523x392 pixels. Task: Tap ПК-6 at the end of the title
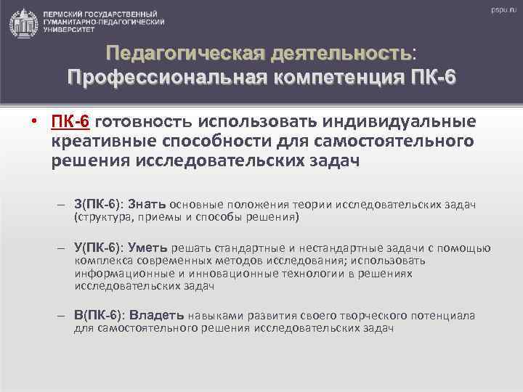(x=428, y=76)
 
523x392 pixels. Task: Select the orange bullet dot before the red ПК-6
(x=35, y=121)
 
